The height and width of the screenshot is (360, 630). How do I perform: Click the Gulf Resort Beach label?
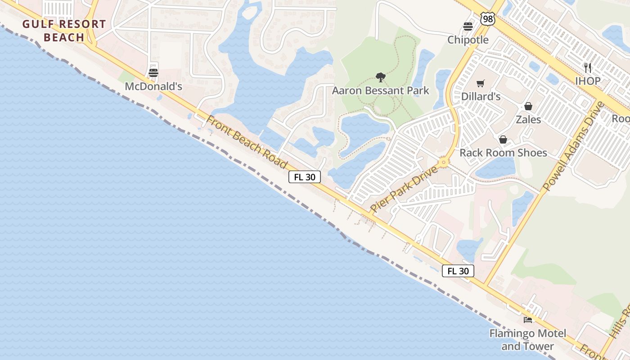tap(64, 31)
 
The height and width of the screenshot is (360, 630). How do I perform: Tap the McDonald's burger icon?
tap(153, 72)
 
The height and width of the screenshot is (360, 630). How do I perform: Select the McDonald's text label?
tap(153, 86)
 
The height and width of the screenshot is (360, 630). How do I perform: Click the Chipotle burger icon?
tap(468, 26)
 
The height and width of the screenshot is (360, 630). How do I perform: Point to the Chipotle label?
tap(468, 40)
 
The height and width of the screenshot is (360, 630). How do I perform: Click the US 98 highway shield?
tap(488, 19)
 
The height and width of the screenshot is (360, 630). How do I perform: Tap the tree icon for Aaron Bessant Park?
tap(381, 77)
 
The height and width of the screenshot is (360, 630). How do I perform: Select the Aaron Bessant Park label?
tap(381, 91)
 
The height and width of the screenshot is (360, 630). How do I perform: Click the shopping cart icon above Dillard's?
tap(481, 83)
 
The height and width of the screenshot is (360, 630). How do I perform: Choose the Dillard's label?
tap(481, 97)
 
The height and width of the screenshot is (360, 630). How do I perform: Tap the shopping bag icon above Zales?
tap(528, 106)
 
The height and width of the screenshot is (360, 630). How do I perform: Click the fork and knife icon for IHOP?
tap(588, 67)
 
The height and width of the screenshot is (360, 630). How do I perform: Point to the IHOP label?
tap(588, 81)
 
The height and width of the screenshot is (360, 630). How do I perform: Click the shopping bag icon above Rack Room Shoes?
tap(503, 139)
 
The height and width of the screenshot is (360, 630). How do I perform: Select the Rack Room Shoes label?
tap(503, 153)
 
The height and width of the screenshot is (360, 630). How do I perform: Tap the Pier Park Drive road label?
tap(404, 189)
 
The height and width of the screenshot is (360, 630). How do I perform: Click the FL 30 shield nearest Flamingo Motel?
tap(458, 271)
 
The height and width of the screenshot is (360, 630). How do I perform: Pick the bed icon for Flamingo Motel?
tap(528, 320)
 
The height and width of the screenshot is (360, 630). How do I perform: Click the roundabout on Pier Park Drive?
tap(444, 162)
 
